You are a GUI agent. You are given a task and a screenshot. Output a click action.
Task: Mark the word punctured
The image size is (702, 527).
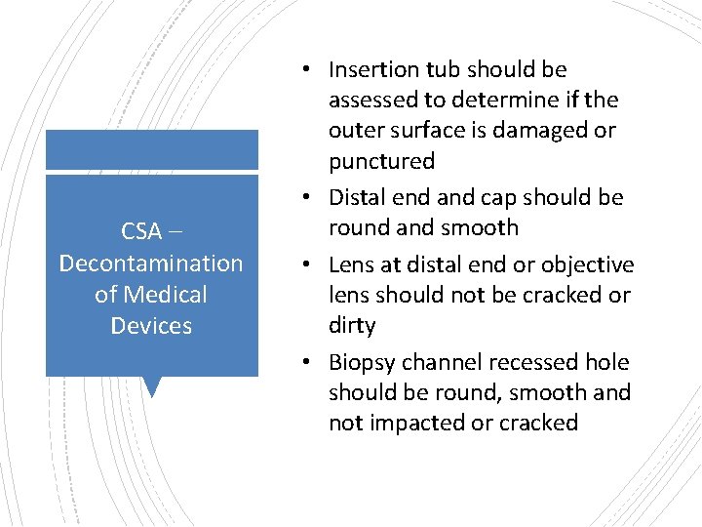tap(381, 161)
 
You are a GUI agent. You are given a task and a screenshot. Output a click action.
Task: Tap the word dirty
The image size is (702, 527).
tap(352, 326)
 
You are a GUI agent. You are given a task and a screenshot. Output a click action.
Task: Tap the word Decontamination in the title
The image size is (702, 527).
tap(151, 263)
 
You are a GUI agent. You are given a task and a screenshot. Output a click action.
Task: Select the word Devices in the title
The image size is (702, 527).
tap(151, 326)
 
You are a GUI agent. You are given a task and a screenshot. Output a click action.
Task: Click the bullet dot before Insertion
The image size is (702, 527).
tap(306, 70)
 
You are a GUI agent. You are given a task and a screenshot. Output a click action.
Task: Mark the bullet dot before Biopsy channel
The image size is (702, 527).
tap(306, 363)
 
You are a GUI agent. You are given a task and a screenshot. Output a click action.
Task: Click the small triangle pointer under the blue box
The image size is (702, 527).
tap(151, 387)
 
